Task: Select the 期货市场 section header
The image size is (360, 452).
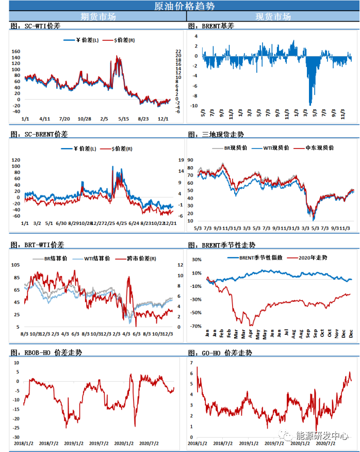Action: [x=99, y=17]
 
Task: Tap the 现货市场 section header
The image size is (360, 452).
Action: [x=273, y=17]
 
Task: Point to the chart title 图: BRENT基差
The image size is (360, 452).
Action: [x=210, y=25]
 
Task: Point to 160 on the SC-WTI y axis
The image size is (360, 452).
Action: [x=15, y=52]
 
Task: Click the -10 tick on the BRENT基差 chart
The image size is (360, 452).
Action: [x=194, y=106]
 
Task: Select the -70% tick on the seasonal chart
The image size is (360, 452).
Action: [x=195, y=326]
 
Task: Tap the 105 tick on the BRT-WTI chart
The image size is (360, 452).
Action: [x=15, y=265]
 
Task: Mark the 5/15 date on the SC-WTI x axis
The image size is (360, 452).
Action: [x=123, y=119]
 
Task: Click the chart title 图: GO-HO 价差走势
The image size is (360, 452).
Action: [x=220, y=353]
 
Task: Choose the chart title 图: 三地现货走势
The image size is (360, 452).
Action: [x=216, y=135]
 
